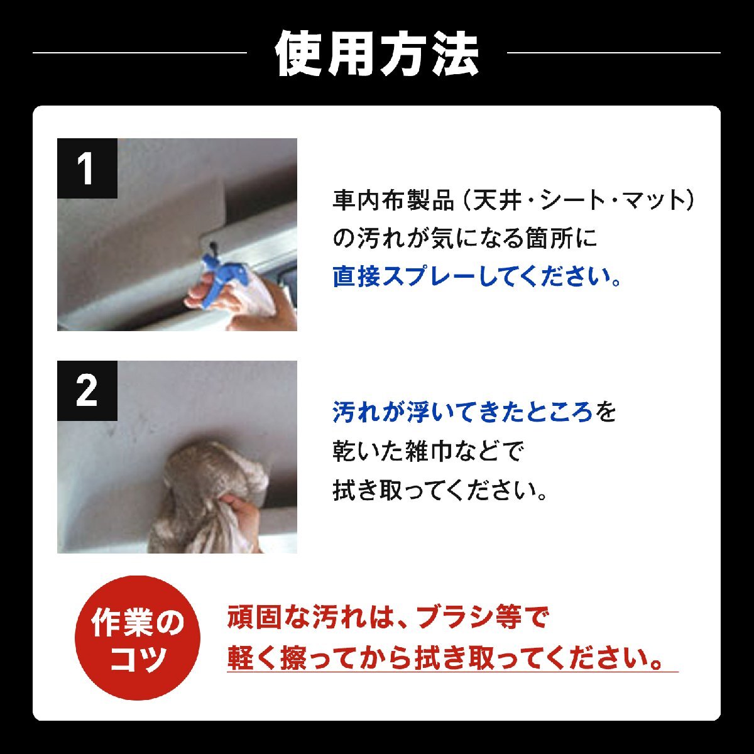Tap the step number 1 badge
pyautogui.click(x=87, y=168)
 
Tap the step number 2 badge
pyautogui.click(x=87, y=391)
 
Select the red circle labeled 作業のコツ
pyautogui.click(x=138, y=638)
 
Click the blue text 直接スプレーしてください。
pyautogui.click(x=477, y=276)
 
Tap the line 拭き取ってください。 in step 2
pyautogui.click(x=440, y=490)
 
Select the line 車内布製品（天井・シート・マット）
pyautogui.click(x=515, y=200)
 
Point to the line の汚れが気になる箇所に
pyautogui.click(x=464, y=239)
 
